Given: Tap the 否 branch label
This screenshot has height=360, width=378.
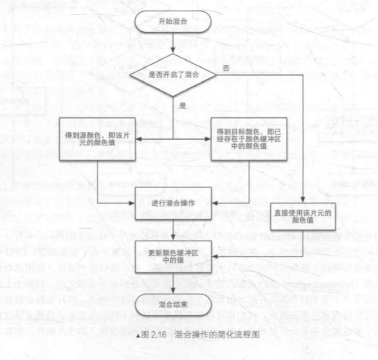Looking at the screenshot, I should point(226,68).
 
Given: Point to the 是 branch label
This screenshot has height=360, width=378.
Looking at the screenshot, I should point(182,106).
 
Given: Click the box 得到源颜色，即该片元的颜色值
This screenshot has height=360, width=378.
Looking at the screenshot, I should point(97,137).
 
